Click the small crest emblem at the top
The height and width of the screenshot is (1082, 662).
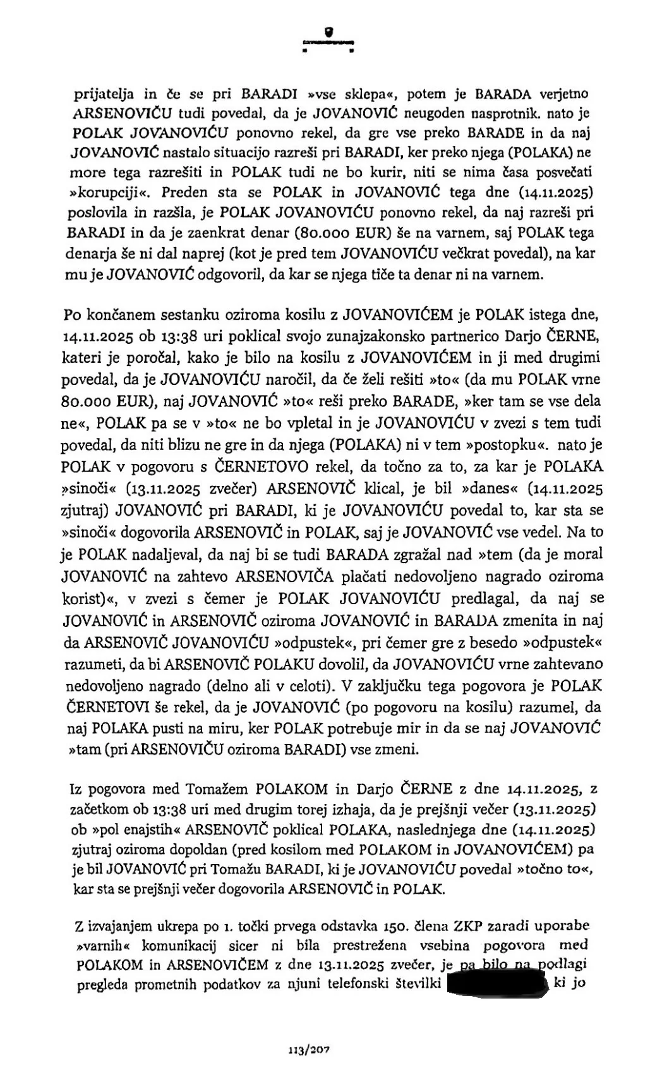pyautogui.click(x=328, y=30)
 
